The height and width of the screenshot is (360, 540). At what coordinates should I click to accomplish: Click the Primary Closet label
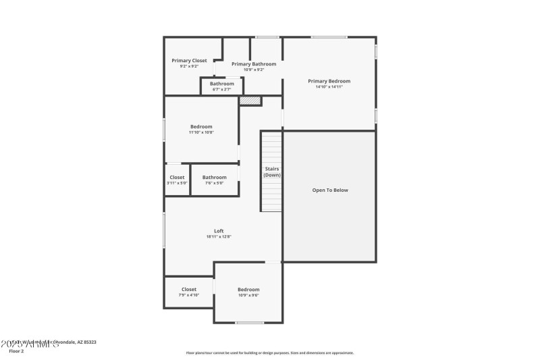(x=189, y=60)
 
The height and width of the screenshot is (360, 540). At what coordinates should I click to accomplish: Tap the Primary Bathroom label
(x=254, y=63)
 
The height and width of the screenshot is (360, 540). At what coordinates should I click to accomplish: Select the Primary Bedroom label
(x=329, y=81)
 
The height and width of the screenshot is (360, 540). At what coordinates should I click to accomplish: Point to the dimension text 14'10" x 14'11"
(x=329, y=87)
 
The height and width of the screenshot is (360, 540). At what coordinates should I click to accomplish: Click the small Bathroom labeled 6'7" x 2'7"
(x=221, y=84)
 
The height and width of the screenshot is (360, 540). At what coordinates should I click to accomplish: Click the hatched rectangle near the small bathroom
(x=250, y=101)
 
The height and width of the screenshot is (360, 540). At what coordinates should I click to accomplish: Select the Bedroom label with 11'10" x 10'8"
(x=201, y=126)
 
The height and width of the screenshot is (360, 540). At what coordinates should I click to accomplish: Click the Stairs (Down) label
(x=272, y=172)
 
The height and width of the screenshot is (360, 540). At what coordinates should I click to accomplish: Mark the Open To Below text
(x=330, y=190)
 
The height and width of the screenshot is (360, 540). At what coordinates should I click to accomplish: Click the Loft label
(x=219, y=231)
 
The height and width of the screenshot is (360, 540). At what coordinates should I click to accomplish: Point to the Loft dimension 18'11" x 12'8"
(x=219, y=237)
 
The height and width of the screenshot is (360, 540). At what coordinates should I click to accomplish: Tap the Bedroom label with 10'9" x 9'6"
(x=248, y=289)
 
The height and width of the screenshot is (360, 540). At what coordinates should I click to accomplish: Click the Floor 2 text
(x=16, y=351)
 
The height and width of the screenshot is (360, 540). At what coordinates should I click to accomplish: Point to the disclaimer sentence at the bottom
(x=270, y=353)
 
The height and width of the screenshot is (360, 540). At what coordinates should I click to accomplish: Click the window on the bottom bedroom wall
(x=249, y=323)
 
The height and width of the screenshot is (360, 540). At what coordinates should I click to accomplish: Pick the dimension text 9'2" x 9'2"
(x=189, y=66)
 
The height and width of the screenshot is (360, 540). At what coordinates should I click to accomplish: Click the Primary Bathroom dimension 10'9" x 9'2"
(x=254, y=70)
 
